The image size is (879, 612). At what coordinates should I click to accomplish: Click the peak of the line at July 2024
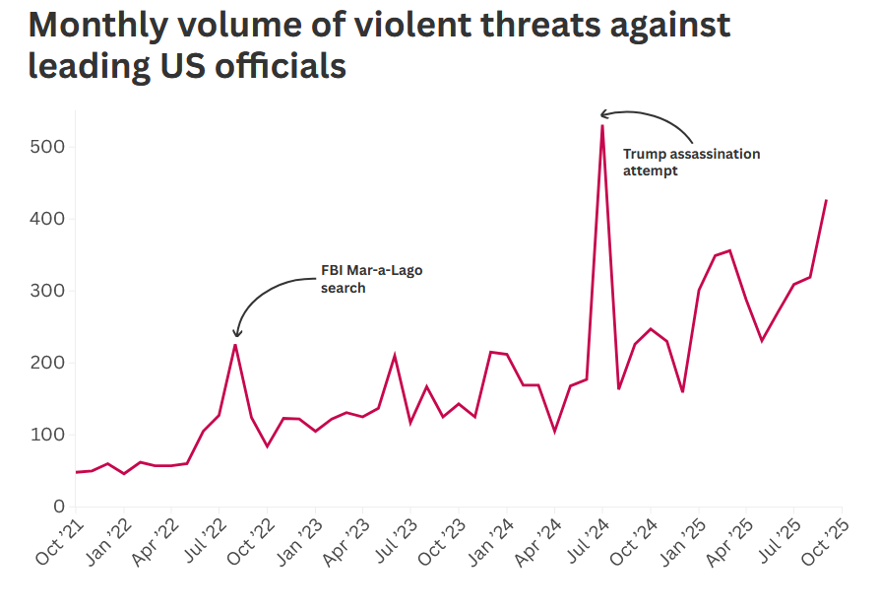point(602,125)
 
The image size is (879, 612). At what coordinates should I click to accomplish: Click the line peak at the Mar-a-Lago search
point(235,344)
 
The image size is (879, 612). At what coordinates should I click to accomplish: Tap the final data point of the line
point(826,200)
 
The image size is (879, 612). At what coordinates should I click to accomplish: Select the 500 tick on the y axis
point(46,147)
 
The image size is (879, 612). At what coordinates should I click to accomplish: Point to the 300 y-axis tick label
point(46,291)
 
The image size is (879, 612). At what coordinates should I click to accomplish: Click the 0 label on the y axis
point(58,507)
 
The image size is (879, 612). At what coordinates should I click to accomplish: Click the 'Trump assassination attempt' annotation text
point(691,162)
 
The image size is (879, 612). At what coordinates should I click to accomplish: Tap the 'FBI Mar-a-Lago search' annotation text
point(371,279)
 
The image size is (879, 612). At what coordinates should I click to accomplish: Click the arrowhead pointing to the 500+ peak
point(604,115)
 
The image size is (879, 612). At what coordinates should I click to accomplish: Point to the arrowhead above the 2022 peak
point(237,333)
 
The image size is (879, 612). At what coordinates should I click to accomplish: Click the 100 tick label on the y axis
point(46,435)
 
